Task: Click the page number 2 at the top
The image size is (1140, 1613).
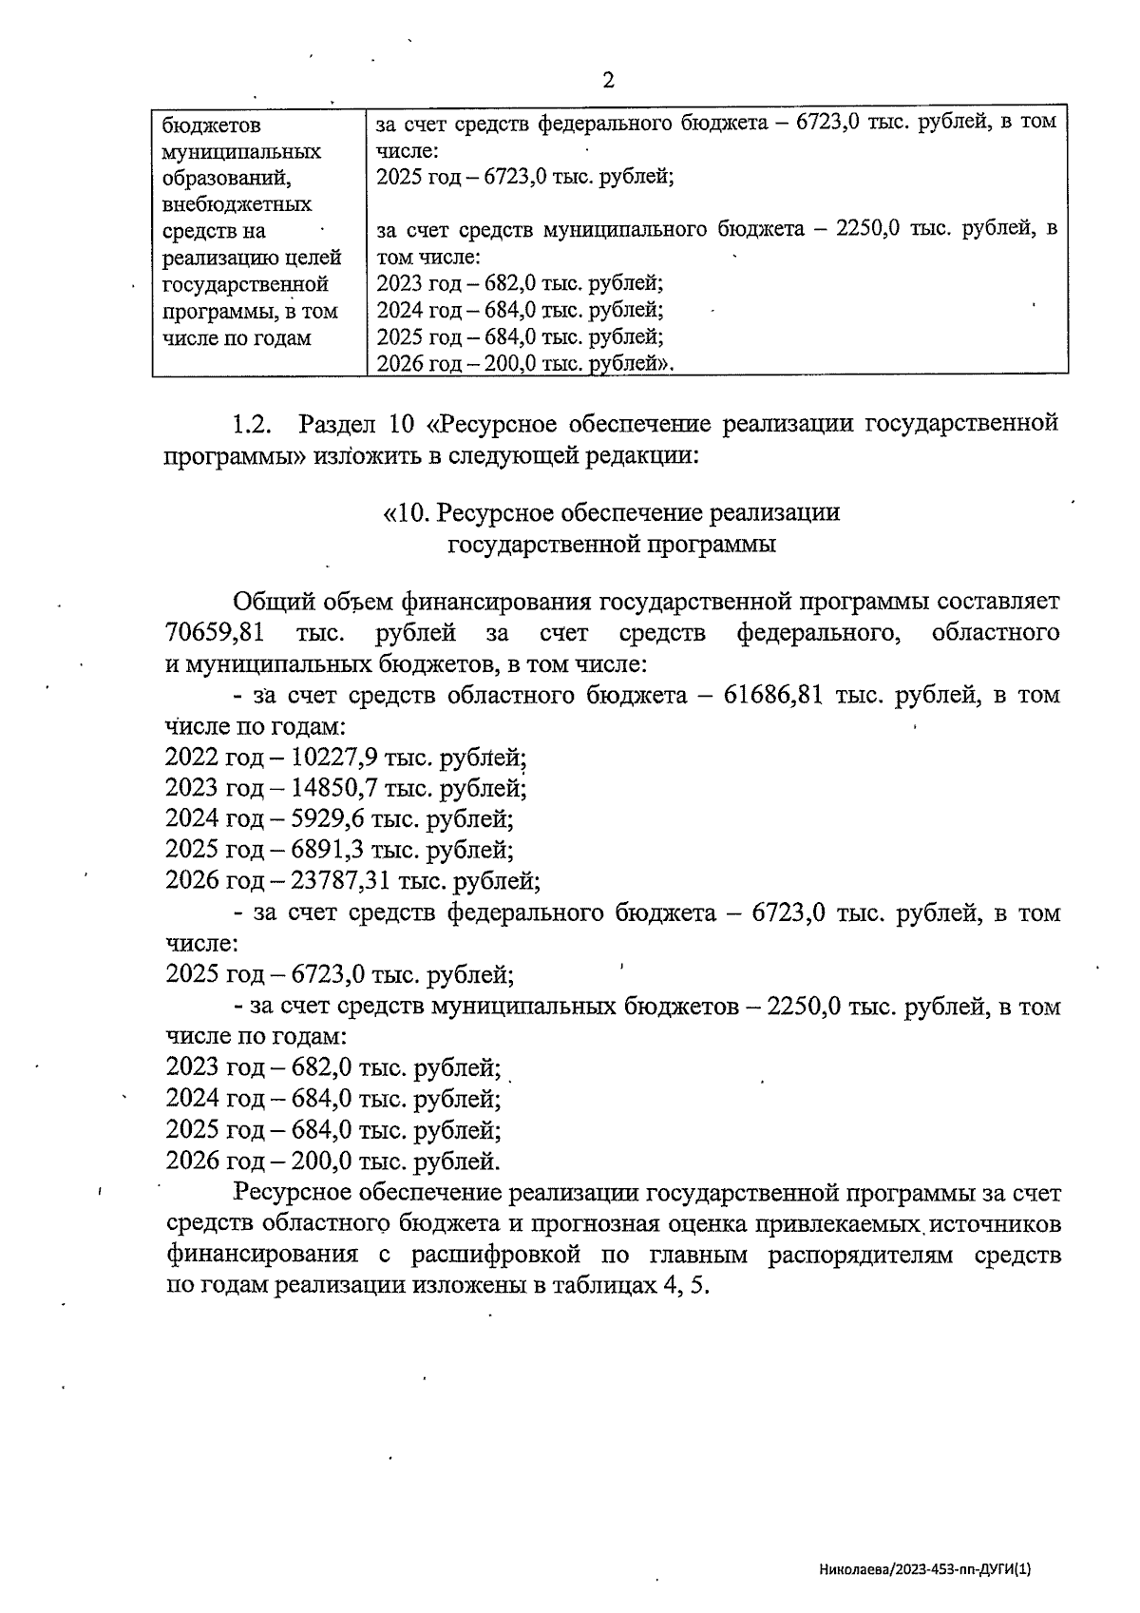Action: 608,80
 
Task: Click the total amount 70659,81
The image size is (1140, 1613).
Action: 215,633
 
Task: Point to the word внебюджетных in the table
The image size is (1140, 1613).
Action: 237,204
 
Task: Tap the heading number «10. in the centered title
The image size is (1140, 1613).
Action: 403,513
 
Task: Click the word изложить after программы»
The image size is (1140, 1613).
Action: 369,455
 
